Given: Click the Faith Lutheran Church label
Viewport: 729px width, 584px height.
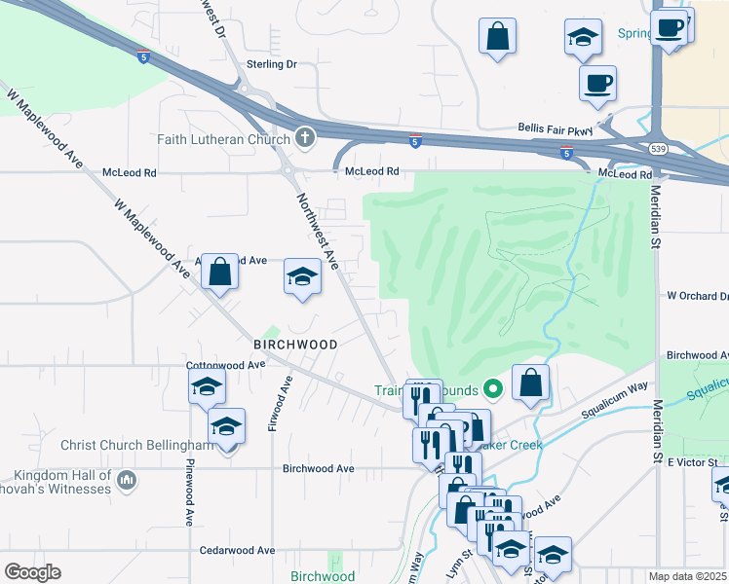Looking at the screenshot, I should (x=224, y=139).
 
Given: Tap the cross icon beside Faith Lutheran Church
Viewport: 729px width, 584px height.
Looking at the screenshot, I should (x=304, y=138).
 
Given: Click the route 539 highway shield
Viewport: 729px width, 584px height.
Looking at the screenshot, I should (x=660, y=148).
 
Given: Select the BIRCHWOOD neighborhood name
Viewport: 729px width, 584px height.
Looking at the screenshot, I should (x=295, y=345).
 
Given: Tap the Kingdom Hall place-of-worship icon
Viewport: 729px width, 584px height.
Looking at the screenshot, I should (x=127, y=480).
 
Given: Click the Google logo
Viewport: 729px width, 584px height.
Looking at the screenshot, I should (x=32, y=572).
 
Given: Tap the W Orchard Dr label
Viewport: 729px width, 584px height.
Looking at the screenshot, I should (x=697, y=296).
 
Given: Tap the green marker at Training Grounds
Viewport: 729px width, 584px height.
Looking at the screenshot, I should (x=493, y=389).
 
